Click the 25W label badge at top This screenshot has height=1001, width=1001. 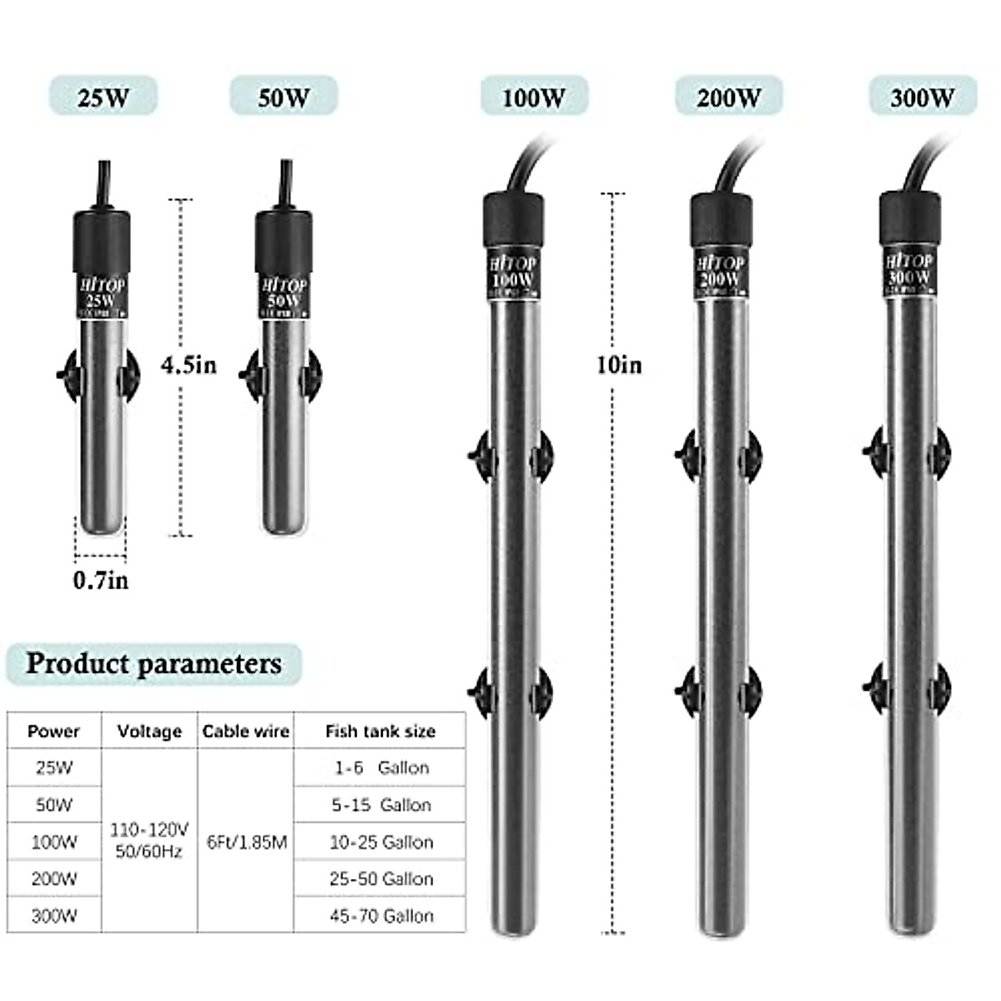[103, 97]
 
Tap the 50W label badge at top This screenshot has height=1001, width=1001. [284, 97]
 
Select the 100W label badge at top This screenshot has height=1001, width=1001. [534, 97]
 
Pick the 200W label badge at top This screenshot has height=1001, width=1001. [729, 97]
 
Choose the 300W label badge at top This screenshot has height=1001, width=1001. [922, 97]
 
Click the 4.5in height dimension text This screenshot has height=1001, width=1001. [189, 365]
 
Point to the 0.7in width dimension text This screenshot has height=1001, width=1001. [101, 581]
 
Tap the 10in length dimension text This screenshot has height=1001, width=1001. [619, 365]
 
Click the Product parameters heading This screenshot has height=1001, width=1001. [153, 664]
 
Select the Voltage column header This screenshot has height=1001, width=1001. [149, 732]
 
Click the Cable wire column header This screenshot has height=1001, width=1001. [245, 732]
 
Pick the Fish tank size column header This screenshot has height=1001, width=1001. [380, 732]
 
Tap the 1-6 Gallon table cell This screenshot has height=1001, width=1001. [381, 767]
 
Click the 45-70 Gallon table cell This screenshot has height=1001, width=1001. [381, 916]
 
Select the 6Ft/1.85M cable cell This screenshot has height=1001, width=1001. [246, 843]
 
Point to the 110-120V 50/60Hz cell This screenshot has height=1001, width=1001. [149, 840]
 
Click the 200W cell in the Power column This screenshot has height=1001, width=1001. [54, 878]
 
